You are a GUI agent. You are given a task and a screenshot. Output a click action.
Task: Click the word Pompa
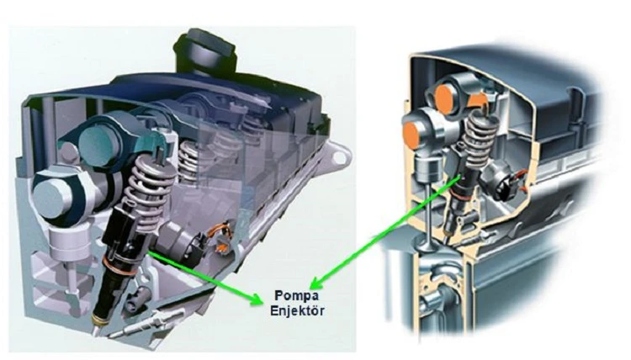point(297,295)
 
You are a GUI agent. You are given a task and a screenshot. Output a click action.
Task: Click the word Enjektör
point(297,310)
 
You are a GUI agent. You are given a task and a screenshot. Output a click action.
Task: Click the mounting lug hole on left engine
point(339,157)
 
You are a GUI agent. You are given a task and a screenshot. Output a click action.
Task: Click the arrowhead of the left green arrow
point(257,298)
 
